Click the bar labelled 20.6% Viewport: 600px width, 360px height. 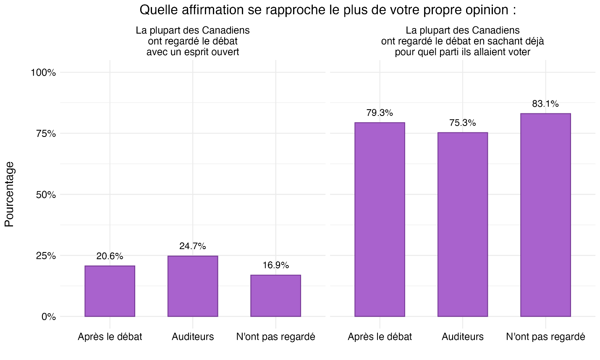tap(110, 291)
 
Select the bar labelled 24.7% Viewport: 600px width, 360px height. tap(193, 286)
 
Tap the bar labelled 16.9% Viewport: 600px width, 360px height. tap(275, 295)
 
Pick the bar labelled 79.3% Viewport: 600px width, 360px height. tap(380, 219)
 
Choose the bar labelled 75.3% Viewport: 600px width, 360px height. tap(462, 224)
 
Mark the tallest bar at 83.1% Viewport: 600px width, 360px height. tap(545, 215)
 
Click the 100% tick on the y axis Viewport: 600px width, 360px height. tap(43, 73)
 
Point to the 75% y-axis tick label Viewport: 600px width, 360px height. tap(45, 134)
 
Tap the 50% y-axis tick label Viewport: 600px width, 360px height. tap(45, 195)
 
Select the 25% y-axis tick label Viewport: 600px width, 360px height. tap(45, 256)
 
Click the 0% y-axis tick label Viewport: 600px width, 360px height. tap(48, 317)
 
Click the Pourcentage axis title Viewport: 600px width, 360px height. tap(9, 194)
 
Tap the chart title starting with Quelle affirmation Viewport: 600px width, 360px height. tap(328, 10)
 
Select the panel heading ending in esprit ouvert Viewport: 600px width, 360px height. tap(193, 41)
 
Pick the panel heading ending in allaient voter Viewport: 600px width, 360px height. tap(462, 41)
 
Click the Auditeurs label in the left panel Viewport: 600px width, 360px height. tap(193, 337)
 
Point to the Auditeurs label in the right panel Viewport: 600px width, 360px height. tap(462, 337)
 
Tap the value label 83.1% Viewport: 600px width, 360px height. tap(545, 104)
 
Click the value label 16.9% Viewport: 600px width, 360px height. tap(275, 265)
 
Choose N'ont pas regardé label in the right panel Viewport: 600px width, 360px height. tap(545, 337)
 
